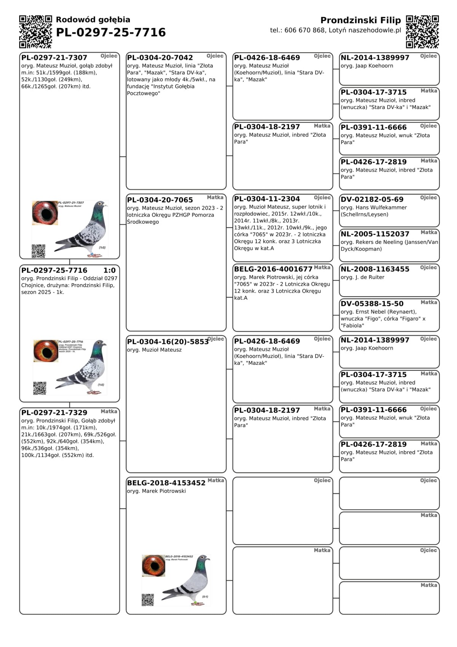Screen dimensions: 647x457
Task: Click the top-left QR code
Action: click(x=35, y=32)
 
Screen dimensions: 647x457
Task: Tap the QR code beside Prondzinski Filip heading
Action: click(x=422, y=32)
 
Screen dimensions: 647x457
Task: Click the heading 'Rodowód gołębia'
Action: click(x=93, y=20)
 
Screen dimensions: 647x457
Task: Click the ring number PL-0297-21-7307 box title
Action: click(x=54, y=58)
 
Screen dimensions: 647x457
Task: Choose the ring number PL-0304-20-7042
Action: click(x=160, y=58)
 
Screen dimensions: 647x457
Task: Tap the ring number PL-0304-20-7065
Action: click(x=160, y=200)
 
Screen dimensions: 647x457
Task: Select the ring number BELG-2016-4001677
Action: click(x=273, y=269)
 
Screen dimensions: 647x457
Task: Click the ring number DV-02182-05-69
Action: click(x=372, y=199)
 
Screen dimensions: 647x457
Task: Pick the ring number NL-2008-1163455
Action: click(x=375, y=269)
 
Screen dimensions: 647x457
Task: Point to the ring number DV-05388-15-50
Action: click(x=372, y=304)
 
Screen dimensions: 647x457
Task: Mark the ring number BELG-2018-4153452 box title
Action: click(x=166, y=483)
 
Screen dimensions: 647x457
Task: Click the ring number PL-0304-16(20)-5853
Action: click(x=168, y=342)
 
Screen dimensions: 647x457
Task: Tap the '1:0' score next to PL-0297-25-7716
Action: click(x=109, y=270)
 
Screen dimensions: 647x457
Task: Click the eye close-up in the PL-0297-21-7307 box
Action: click(x=45, y=213)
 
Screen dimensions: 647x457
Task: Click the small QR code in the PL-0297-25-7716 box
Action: click(x=40, y=388)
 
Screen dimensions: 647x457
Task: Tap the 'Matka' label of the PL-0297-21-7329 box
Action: click(x=109, y=411)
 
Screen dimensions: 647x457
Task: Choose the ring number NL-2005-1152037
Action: click(x=375, y=234)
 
